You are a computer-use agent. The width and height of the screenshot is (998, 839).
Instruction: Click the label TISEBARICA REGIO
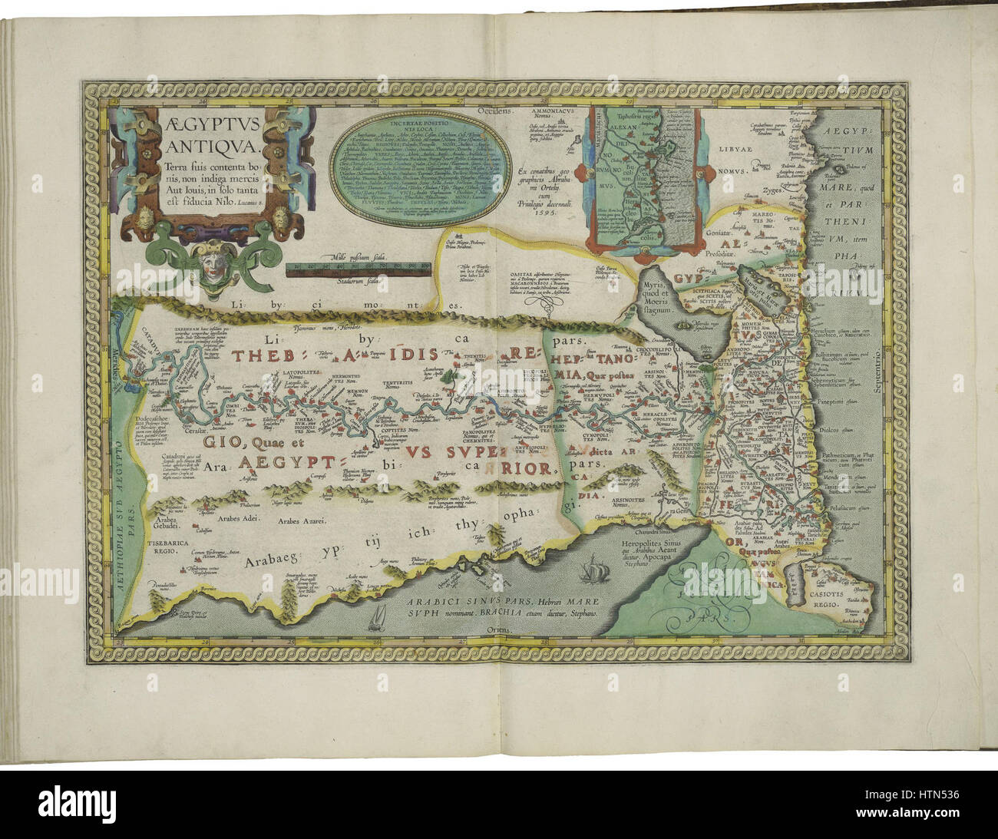tap(164, 547)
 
